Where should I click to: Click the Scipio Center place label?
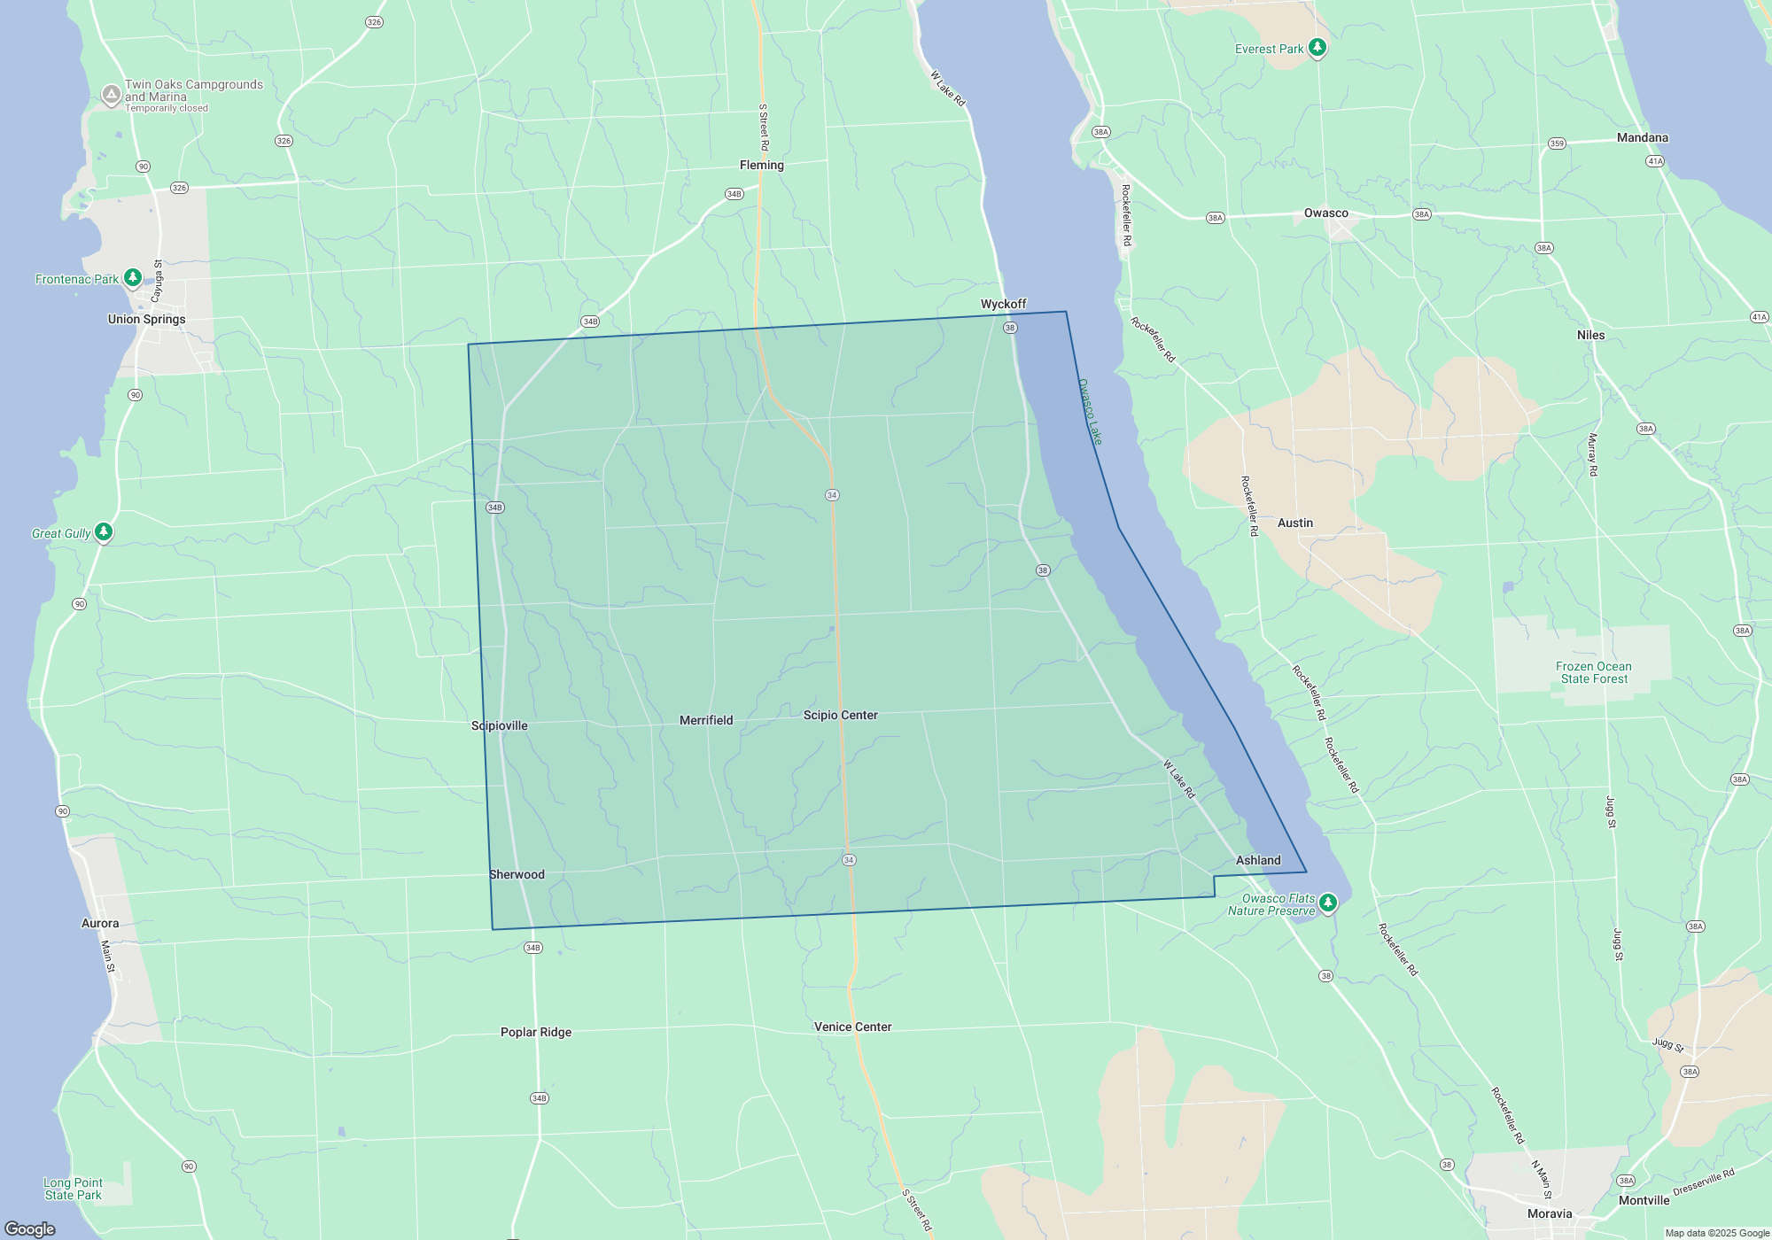pos(840,715)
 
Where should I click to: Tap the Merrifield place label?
pos(706,720)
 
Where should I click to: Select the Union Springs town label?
pos(147,319)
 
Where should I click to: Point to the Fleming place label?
pos(762,165)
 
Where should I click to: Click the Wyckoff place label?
pos(1003,304)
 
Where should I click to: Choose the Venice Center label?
pos(852,1027)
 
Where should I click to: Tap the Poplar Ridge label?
pos(536,1032)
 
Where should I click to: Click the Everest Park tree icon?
pos(1317,48)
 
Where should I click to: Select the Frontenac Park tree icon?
pos(133,278)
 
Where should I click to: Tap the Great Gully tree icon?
pos(104,531)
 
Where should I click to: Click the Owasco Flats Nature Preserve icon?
pos(1327,903)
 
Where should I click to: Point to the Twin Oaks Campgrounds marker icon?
pos(111,94)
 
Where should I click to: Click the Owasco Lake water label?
pos(1090,412)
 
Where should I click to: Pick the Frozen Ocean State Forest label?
pos(1594,672)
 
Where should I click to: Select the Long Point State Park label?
pos(74,1189)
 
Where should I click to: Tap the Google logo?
pos(30,1228)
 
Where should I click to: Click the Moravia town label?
pos(1550,1213)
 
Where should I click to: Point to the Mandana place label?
pos(1642,137)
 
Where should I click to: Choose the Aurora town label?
pos(100,923)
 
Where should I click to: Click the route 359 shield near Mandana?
pos(1557,143)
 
